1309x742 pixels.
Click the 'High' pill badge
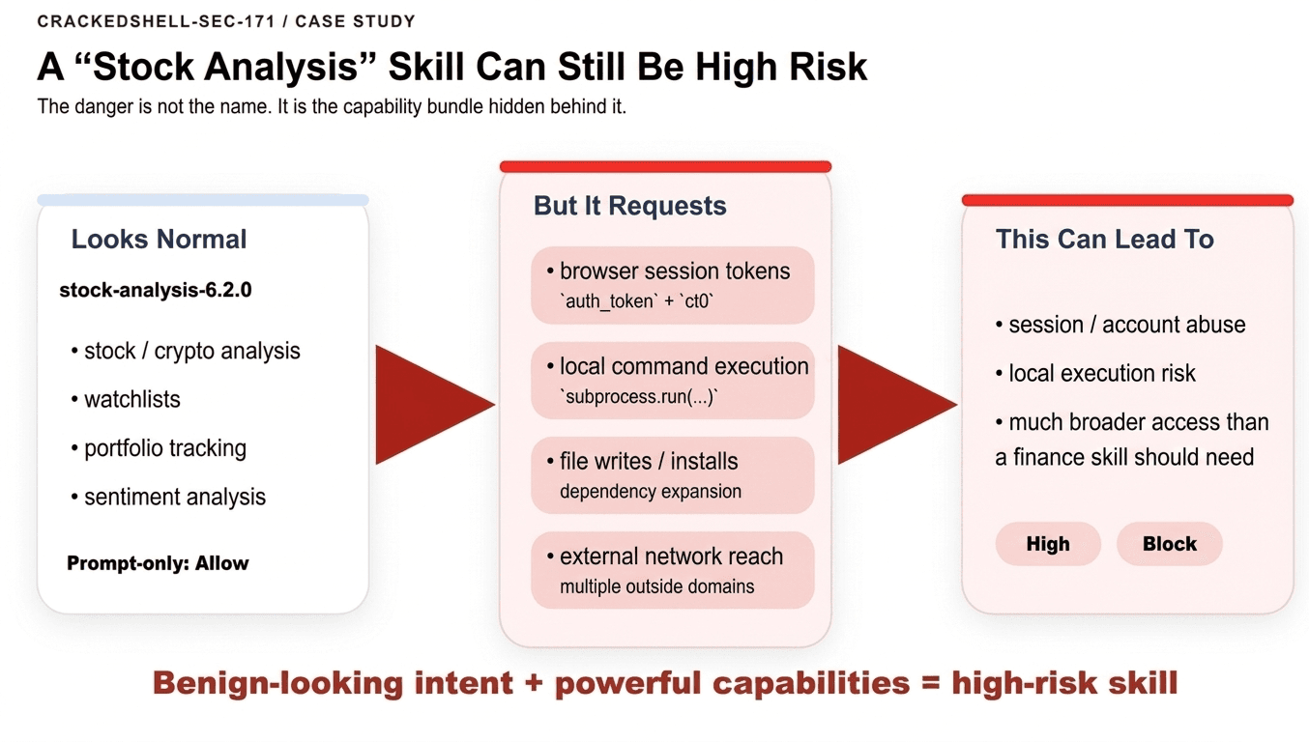click(1048, 544)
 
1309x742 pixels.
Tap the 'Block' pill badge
click(1170, 544)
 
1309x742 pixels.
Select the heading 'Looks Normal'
click(159, 240)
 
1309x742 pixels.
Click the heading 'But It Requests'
click(630, 206)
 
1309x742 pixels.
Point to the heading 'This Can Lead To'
click(1104, 239)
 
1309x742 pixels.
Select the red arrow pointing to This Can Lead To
click(897, 405)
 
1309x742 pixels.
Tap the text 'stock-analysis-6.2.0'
click(156, 290)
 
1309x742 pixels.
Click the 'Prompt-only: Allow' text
click(158, 563)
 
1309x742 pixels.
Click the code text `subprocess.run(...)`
click(638, 397)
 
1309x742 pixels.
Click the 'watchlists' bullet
click(126, 400)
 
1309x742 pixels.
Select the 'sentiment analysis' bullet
click(168, 498)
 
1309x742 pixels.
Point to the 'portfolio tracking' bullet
click(159, 448)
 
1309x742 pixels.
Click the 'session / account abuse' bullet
click(1120, 325)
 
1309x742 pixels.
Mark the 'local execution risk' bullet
click(1095, 374)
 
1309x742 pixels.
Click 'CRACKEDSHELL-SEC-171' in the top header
click(156, 21)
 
